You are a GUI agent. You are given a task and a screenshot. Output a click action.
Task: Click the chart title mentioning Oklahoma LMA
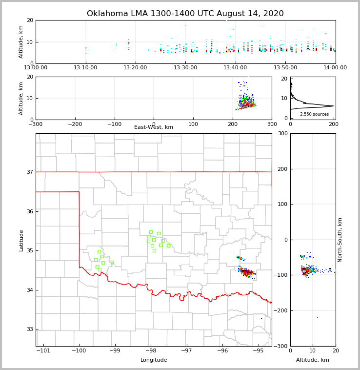185,14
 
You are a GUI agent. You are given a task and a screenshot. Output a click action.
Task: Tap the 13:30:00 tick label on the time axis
185,68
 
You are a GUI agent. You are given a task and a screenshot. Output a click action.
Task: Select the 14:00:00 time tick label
336,68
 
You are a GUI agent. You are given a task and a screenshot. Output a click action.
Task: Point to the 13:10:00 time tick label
85,68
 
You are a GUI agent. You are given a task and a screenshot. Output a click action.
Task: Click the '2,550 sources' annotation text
314,114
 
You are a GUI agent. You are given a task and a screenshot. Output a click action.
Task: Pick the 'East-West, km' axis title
154,127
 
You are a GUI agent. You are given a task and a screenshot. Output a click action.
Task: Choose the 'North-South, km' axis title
340,240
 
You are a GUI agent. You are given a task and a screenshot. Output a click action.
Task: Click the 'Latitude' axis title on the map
21,240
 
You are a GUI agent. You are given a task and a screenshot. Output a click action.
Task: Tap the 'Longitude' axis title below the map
154,360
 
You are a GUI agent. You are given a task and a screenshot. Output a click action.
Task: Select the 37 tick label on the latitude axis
29,172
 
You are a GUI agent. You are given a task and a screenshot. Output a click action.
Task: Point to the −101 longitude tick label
43,351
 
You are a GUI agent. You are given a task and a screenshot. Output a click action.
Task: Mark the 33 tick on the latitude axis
29,329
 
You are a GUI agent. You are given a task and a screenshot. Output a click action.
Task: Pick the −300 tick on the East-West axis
36,124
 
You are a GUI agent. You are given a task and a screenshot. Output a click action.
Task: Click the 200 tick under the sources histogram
333,124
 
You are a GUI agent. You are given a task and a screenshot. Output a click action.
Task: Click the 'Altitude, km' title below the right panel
313,360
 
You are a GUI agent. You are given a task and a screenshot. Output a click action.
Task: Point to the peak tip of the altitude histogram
334,106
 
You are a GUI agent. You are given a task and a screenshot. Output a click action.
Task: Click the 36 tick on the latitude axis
29,211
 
